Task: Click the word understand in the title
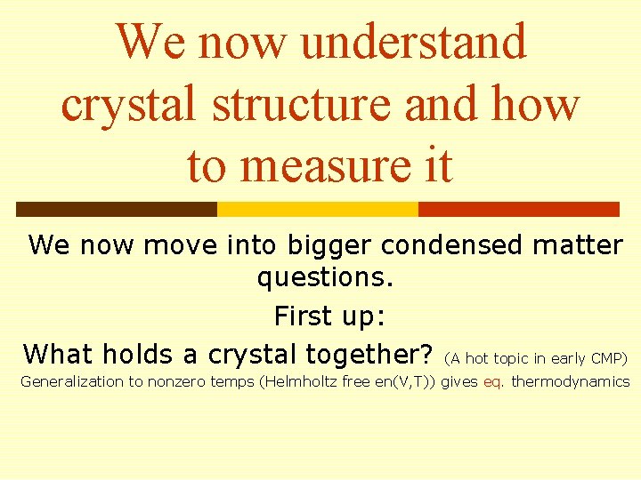pyautogui.click(x=414, y=42)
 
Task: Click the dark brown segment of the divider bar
pyautogui.click(x=116, y=209)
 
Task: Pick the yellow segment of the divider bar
pyautogui.click(x=318, y=209)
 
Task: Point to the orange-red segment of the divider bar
pyautogui.click(x=518, y=209)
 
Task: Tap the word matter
pyautogui.click(x=578, y=245)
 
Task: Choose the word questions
pyautogui.click(x=325, y=277)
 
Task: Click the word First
pyautogui.click(x=304, y=316)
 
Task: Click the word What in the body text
pyautogui.click(x=58, y=354)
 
